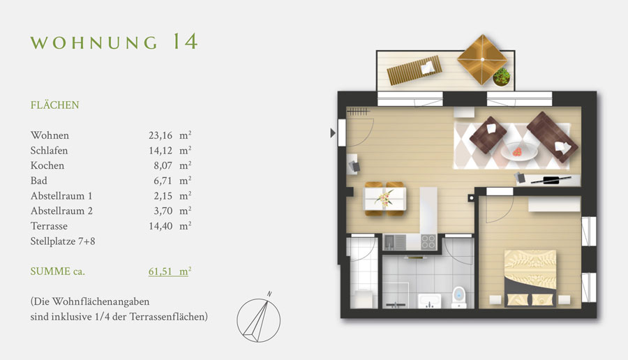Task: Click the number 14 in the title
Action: pyautogui.click(x=186, y=41)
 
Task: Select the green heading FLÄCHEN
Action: pyautogui.click(x=54, y=105)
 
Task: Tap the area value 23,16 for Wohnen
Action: pyautogui.click(x=160, y=135)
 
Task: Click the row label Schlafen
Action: pyautogui.click(x=50, y=151)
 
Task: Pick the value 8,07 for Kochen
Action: pyautogui.click(x=163, y=165)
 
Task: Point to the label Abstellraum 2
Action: pyautogui.click(x=61, y=211)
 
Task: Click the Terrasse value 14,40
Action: pyautogui.click(x=160, y=226)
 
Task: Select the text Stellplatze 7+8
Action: pyautogui.click(x=63, y=241)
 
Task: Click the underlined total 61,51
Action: pyautogui.click(x=160, y=271)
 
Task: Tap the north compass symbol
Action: pyautogui.click(x=259, y=318)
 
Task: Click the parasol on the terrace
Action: pyautogui.click(x=483, y=59)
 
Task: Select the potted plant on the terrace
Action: pyautogui.click(x=502, y=77)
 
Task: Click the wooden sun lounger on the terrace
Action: pyautogui.click(x=414, y=70)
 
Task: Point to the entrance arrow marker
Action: pyautogui.click(x=332, y=133)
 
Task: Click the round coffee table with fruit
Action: pyautogui.click(x=519, y=151)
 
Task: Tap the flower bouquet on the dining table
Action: pyautogui.click(x=384, y=198)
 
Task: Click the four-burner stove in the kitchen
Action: pyautogui.click(x=428, y=242)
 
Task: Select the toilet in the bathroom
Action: pyautogui.click(x=458, y=297)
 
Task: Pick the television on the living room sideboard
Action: pyautogui.click(x=551, y=180)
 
